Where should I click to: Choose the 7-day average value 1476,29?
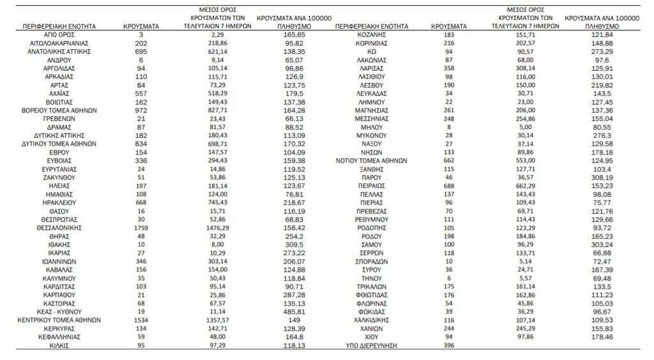[211, 226]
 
